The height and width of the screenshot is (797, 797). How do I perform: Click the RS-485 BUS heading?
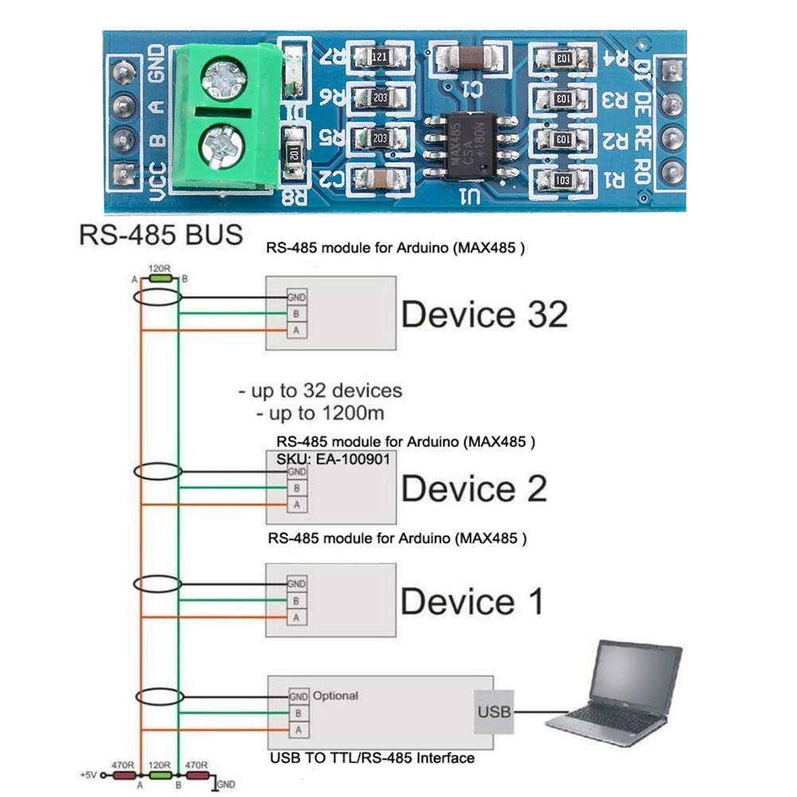160,236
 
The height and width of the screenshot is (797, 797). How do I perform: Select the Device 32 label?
484,315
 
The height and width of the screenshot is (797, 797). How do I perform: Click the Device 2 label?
474,488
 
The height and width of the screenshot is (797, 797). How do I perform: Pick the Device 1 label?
472,601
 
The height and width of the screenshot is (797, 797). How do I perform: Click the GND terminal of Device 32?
296,298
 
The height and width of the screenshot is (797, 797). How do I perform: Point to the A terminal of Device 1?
296,617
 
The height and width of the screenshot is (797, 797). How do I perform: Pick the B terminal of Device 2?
296,488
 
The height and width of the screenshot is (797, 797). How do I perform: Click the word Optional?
335,695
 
